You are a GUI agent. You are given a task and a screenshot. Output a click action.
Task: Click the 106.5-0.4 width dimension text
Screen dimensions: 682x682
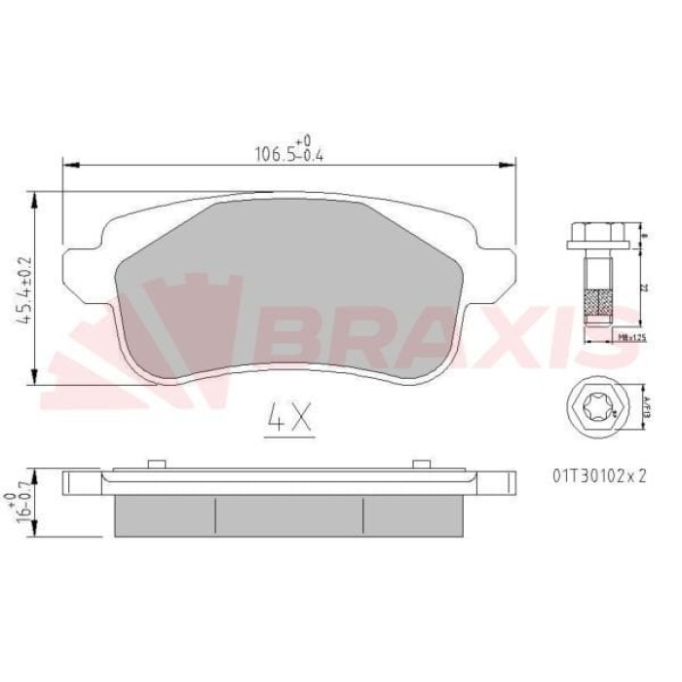tap(289, 151)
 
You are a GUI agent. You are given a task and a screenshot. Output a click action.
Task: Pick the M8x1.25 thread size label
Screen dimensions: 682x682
tap(633, 337)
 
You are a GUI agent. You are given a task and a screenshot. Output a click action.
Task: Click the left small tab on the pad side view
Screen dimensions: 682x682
tap(152, 463)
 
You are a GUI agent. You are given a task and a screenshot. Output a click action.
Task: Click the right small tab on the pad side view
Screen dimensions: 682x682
tap(421, 463)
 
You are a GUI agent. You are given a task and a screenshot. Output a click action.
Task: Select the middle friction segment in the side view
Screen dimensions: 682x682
tap(289, 513)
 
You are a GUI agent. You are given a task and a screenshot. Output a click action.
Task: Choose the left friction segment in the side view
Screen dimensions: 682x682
tap(165, 513)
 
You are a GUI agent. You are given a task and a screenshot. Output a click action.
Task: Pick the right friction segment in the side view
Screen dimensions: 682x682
tap(411, 513)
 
